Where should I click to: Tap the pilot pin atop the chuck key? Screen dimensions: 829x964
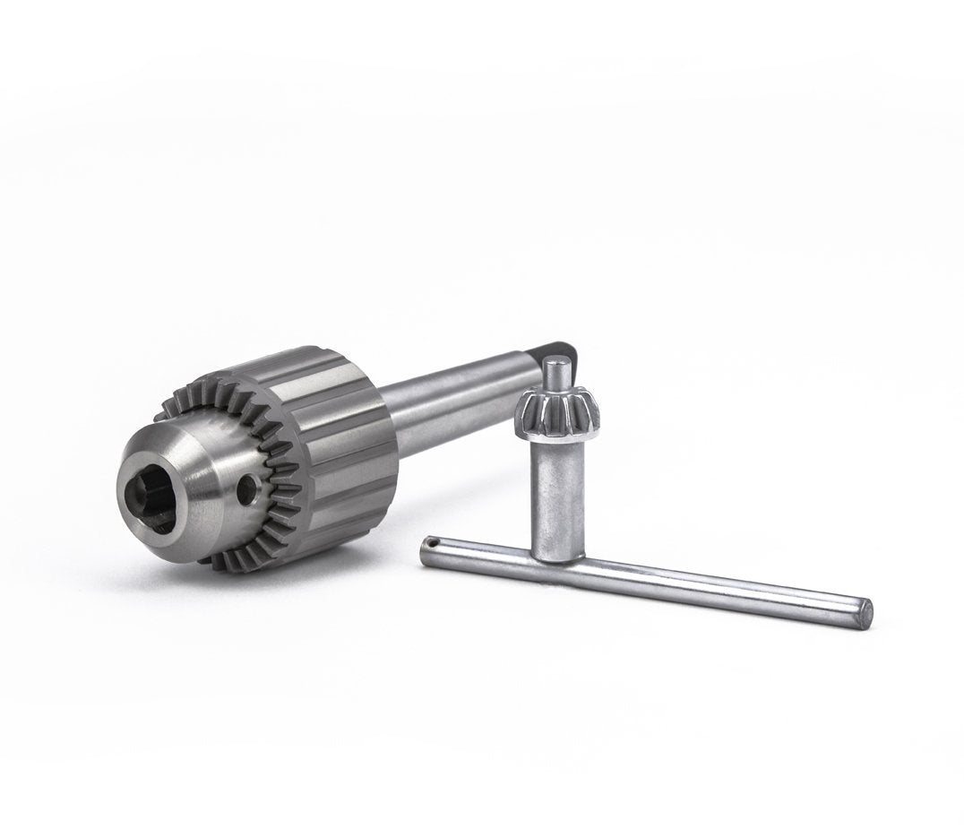[x=557, y=369]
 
